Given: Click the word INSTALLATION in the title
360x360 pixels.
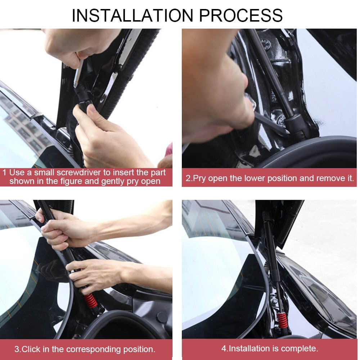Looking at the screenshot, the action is [x=132, y=15].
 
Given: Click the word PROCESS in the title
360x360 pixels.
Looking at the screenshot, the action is [x=240, y=15].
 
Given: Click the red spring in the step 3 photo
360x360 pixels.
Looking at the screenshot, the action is [x=90, y=301].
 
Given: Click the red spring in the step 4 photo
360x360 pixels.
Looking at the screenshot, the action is [x=282, y=320].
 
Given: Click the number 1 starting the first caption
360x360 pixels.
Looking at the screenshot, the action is [x=4, y=172].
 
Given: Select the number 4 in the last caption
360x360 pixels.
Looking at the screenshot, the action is [x=224, y=348].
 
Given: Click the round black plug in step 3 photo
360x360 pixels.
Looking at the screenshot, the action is [x=162, y=317].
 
